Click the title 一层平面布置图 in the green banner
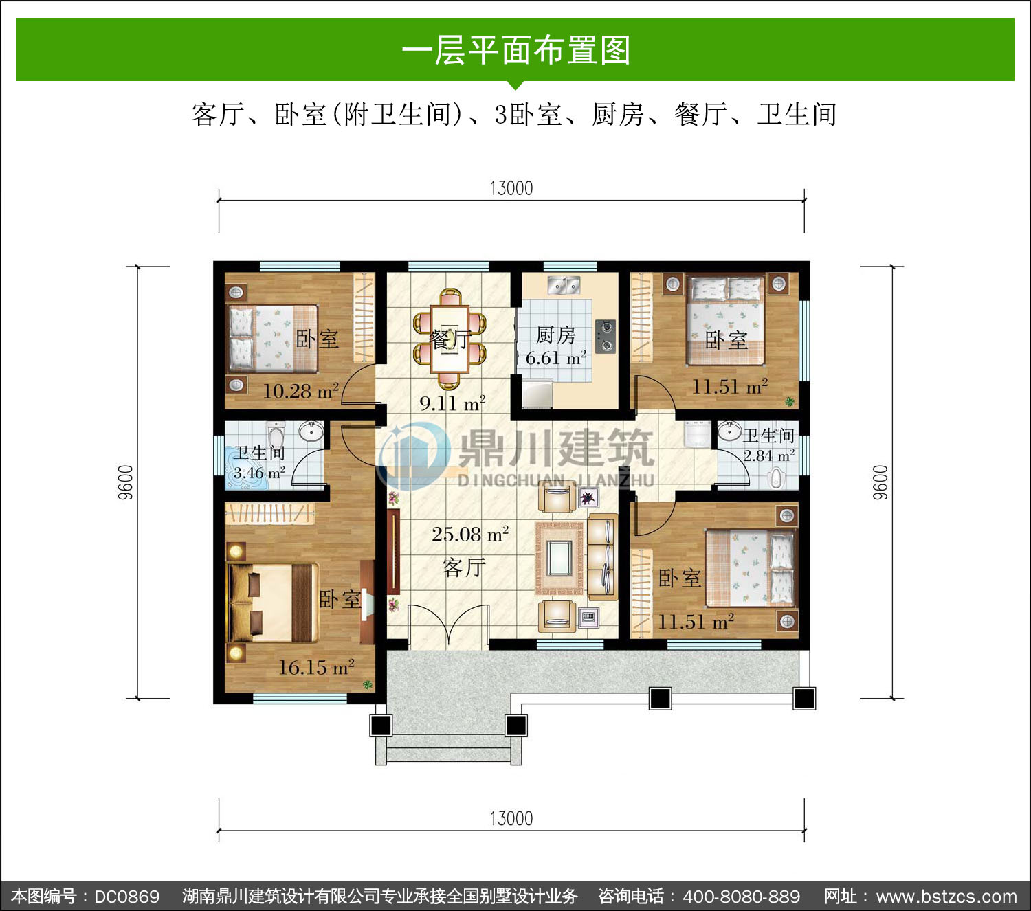click(516, 50)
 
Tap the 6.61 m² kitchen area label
click(555, 358)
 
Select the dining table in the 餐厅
click(450, 338)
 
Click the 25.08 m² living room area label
click(470, 534)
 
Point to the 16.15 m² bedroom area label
click(316, 667)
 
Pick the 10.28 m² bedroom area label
click(301, 391)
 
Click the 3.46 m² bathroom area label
click(259, 473)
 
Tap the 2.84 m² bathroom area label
click(768, 455)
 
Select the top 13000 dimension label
click(511, 189)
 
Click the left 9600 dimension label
click(126, 482)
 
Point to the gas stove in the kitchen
click(605, 336)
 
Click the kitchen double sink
click(564, 285)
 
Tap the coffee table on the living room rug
click(559, 558)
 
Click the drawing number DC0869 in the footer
click(126, 897)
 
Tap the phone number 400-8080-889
click(742, 897)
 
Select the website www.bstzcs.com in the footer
click(946, 897)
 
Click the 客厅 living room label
click(464, 567)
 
